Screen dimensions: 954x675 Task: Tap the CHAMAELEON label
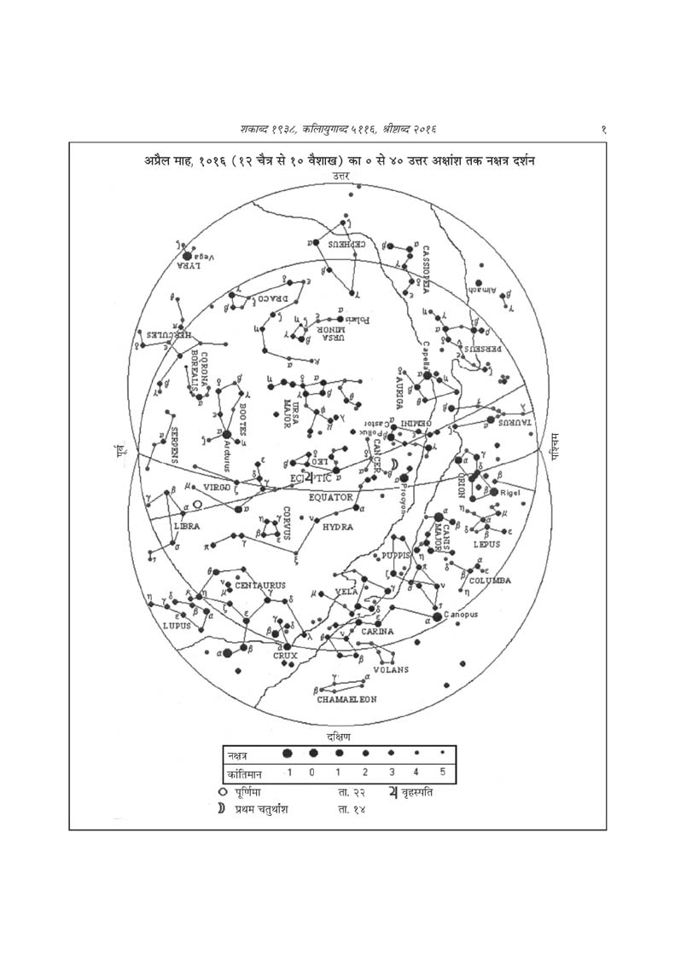pyautogui.click(x=347, y=699)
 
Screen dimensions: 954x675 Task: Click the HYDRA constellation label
pyautogui.click(x=337, y=528)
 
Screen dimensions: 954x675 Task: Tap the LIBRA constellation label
pyautogui.click(x=187, y=526)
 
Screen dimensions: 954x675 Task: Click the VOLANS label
pyautogui.click(x=391, y=669)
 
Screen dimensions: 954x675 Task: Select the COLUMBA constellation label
pyautogui.click(x=490, y=580)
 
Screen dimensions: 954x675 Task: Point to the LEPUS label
pyautogui.click(x=487, y=544)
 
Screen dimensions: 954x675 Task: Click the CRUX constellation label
pyautogui.click(x=284, y=656)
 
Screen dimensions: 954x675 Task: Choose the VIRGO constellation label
pyautogui.click(x=218, y=488)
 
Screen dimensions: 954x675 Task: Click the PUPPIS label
pyautogui.click(x=397, y=555)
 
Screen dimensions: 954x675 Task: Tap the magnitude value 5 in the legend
pyautogui.click(x=443, y=773)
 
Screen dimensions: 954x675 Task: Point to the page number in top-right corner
pyautogui.click(x=603, y=129)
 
